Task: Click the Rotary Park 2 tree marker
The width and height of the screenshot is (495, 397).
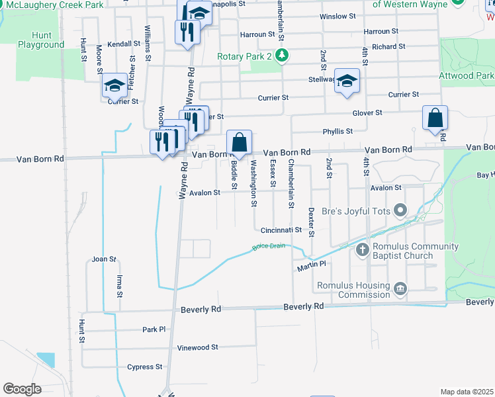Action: coord(283,55)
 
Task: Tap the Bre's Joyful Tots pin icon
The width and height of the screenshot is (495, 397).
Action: coord(400,211)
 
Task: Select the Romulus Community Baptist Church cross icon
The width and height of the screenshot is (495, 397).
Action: coord(362,250)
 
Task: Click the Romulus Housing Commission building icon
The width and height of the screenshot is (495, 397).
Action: coord(400,288)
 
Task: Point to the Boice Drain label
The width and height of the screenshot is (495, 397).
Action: coord(268,247)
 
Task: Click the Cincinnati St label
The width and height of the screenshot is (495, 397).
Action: coord(281,230)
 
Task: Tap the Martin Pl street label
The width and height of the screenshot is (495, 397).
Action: coord(312,264)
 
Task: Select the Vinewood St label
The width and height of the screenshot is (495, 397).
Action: coord(197,347)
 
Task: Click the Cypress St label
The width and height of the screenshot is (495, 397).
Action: coord(145,367)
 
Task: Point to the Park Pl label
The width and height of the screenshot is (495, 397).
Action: coord(154,329)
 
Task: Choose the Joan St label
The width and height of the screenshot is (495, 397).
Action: coord(104,259)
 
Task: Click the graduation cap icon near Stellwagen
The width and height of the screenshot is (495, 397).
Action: coord(346,81)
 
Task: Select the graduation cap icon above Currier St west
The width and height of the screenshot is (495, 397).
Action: coord(114,85)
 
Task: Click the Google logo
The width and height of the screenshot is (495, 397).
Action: coord(22,389)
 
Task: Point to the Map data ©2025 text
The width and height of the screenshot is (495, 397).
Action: coord(467,392)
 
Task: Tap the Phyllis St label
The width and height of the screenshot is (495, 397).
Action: coord(337,131)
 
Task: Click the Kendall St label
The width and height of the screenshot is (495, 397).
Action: coord(124,44)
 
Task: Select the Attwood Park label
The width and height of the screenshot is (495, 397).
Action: coord(466,76)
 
